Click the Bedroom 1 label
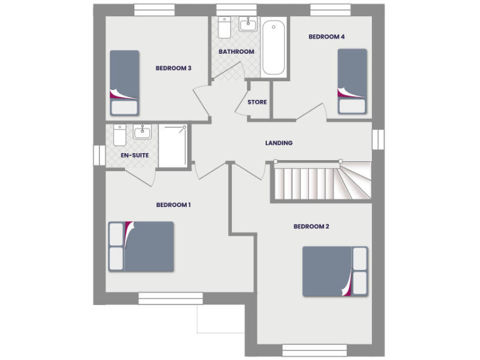tap(173, 205)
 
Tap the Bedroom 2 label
tap(311, 226)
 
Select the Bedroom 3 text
tap(173, 68)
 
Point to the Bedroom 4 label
tap(326, 37)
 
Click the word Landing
tap(279, 143)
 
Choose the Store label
tap(257, 102)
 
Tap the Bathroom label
tap(236, 52)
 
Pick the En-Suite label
tap(134, 154)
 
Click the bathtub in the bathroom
tap(274, 49)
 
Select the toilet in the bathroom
tap(224, 27)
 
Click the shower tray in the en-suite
tap(172, 146)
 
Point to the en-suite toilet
tap(119, 134)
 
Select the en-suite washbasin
tap(142, 131)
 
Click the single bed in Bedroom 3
tap(124, 82)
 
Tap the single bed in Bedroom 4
tap(352, 81)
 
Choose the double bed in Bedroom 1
tap(141, 246)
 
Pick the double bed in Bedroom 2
tap(335, 271)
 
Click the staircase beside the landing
tap(320, 182)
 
